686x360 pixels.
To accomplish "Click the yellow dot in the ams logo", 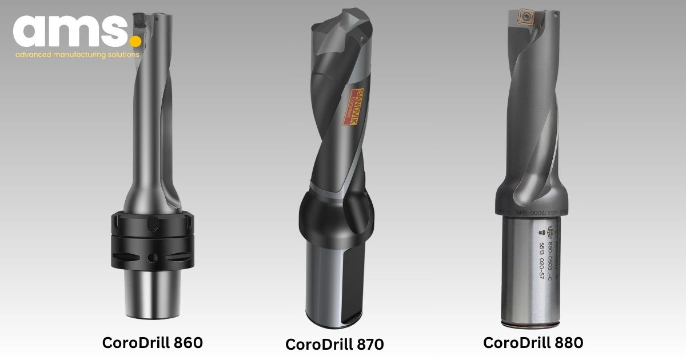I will [135, 41].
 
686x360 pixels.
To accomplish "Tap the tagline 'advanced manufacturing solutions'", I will [77, 55].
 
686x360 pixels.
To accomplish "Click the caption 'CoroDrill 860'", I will [152, 342].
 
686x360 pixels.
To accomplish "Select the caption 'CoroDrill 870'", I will [334, 345].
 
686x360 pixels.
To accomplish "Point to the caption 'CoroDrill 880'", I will [533, 342].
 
